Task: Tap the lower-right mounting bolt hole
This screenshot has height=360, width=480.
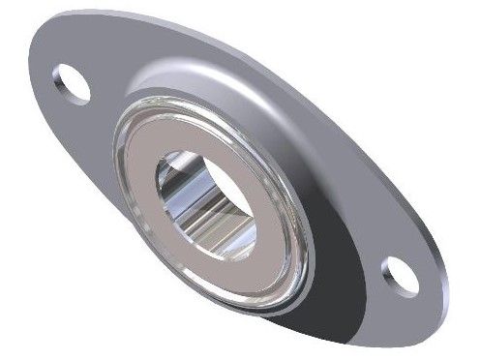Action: pyautogui.click(x=400, y=273)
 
